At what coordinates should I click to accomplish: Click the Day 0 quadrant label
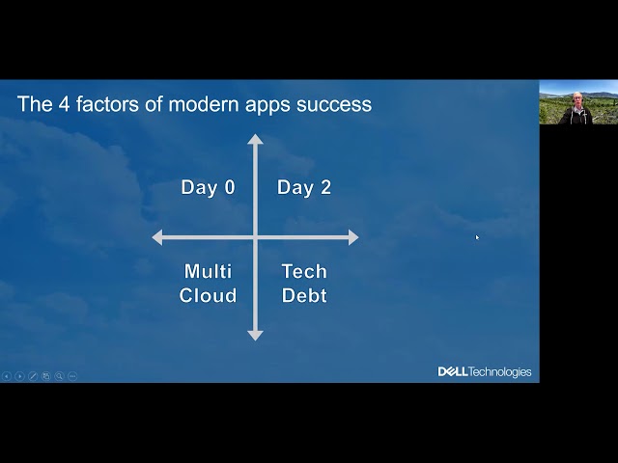209,187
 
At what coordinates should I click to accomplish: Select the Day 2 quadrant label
304,187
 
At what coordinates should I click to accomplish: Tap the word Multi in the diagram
209,271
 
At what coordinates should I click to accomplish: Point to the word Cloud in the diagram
209,295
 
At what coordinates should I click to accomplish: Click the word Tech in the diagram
304,271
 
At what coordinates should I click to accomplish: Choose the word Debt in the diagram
304,295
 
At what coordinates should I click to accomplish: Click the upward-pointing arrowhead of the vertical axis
255,139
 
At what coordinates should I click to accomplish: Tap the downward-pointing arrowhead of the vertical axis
255,336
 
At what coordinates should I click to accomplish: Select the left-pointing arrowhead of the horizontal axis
157,237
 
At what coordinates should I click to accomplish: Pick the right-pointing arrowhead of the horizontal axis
353,237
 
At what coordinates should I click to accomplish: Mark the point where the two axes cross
255,237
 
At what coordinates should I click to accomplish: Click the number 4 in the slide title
65,104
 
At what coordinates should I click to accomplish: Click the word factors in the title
107,104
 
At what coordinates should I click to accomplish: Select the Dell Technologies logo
485,371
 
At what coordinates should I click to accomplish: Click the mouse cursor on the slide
477,237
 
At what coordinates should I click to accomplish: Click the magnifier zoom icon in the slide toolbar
59,376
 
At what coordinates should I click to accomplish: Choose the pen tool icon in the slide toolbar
33,376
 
